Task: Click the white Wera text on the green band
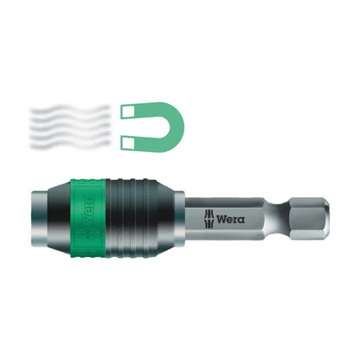(x=90, y=217)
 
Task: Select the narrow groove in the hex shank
(x=275, y=215)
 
